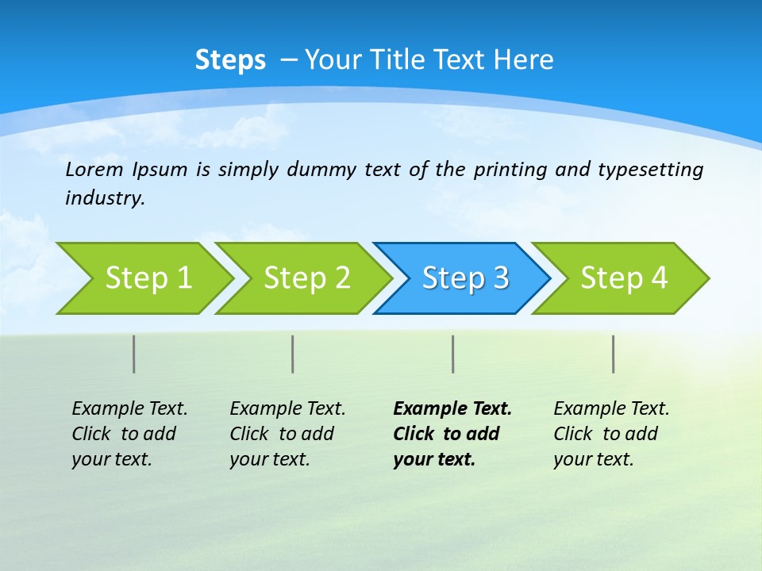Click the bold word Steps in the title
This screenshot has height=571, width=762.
click(230, 60)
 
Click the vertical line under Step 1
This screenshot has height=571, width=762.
click(134, 354)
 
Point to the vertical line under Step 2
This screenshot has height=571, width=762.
click(293, 354)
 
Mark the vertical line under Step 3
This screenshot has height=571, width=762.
click(453, 354)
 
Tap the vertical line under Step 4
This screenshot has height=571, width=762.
click(614, 354)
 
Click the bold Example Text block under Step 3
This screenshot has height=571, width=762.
click(451, 434)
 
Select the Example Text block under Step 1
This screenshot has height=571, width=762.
click(129, 434)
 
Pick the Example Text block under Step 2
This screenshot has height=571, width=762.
click(287, 434)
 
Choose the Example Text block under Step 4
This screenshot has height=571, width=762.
click(610, 434)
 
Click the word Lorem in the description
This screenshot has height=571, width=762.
click(94, 170)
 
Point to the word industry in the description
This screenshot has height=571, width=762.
click(104, 198)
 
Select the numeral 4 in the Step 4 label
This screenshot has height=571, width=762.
click(659, 278)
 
